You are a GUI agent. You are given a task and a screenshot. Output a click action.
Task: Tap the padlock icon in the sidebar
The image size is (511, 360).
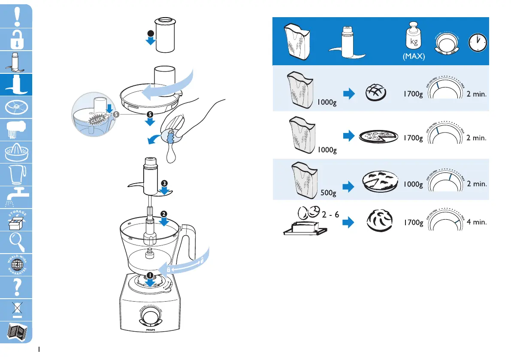(x=16, y=39)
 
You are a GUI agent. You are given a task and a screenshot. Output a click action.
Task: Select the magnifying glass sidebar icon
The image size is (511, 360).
(x=16, y=243)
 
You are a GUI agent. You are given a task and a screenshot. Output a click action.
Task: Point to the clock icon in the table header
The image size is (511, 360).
(x=477, y=41)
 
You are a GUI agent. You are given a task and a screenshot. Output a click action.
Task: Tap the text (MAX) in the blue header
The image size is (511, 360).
(x=414, y=57)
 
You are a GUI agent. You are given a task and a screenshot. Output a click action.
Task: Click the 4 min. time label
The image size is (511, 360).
(x=476, y=223)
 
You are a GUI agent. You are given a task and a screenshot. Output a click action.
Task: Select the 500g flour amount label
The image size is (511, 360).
(x=329, y=193)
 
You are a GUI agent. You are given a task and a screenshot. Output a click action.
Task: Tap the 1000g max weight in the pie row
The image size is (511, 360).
(x=413, y=185)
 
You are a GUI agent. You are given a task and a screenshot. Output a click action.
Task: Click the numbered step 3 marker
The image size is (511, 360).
(x=164, y=184)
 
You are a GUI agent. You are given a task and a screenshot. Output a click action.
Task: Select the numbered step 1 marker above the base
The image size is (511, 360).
(x=150, y=275)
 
